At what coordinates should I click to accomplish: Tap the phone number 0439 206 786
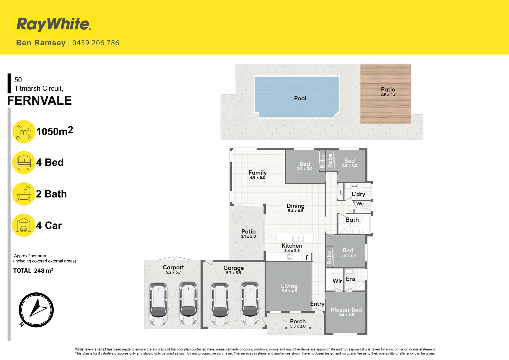96,43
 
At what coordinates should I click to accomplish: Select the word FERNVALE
40,100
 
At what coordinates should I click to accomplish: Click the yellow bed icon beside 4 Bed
24,163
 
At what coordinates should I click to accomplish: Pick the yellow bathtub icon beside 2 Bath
24,194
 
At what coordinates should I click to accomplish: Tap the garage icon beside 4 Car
24,225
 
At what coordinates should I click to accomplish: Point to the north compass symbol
36,310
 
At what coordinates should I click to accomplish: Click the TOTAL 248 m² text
33,271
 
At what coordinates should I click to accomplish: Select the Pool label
300,98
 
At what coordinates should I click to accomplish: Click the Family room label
257,173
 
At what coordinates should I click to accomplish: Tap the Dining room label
295,206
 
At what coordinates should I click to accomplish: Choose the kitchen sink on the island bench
298,239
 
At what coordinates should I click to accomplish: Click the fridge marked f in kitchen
307,257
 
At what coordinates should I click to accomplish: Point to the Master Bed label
346,310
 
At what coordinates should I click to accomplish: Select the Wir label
337,281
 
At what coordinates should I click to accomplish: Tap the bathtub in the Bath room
366,224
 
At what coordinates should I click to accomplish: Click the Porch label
298,321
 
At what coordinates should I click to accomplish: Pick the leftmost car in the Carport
158,303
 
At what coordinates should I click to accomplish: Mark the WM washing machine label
354,186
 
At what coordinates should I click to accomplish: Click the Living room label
289,286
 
